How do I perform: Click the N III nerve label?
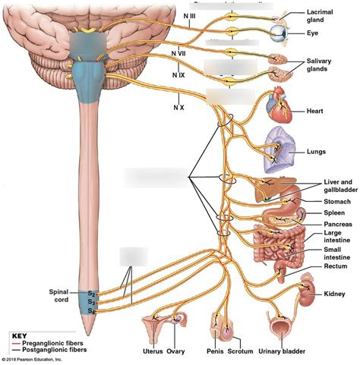click(189, 15)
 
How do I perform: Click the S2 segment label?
click(90, 293)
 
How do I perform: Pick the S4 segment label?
click(90, 310)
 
